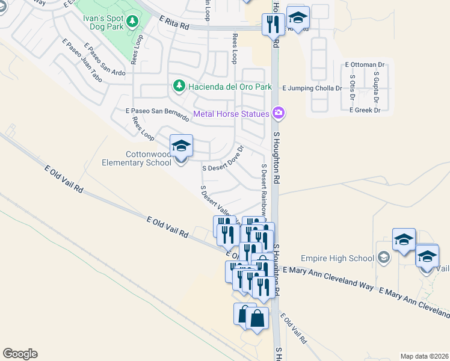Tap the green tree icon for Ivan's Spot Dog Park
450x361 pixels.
point(132,21)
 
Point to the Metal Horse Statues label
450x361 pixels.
point(232,113)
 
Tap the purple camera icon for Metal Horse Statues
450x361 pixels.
point(279,113)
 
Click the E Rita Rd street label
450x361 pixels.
point(174,23)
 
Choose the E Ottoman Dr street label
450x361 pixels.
point(365,64)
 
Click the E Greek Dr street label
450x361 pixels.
point(365,110)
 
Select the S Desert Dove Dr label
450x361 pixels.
point(223,161)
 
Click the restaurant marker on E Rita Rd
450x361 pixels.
point(273,24)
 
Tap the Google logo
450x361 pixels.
point(20,354)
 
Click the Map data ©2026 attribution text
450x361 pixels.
point(425,356)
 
